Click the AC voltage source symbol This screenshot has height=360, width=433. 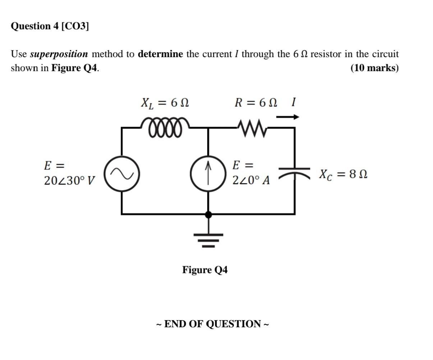coord(122,174)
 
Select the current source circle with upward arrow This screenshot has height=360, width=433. coord(208,175)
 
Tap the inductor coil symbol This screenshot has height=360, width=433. coord(165,127)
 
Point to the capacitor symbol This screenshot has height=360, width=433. coord(295,172)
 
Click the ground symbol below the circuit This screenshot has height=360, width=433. coord(208,239)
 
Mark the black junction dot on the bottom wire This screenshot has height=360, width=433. coord(208,215)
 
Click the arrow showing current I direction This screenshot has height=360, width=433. coord(287,117)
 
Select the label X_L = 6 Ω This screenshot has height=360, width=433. coord(165,103)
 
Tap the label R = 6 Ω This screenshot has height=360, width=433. coord(256,103)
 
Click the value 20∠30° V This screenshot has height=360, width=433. coord(69,181)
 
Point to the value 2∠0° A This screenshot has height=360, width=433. coord(251,180)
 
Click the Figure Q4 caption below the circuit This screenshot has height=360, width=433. coord(205,270)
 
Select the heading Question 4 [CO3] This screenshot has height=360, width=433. coord(50,26)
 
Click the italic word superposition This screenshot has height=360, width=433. coord(59,54)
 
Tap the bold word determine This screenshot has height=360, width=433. coord(160,54)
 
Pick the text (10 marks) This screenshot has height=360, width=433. coord(374,68)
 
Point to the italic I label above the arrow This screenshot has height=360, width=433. coord(293,102)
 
